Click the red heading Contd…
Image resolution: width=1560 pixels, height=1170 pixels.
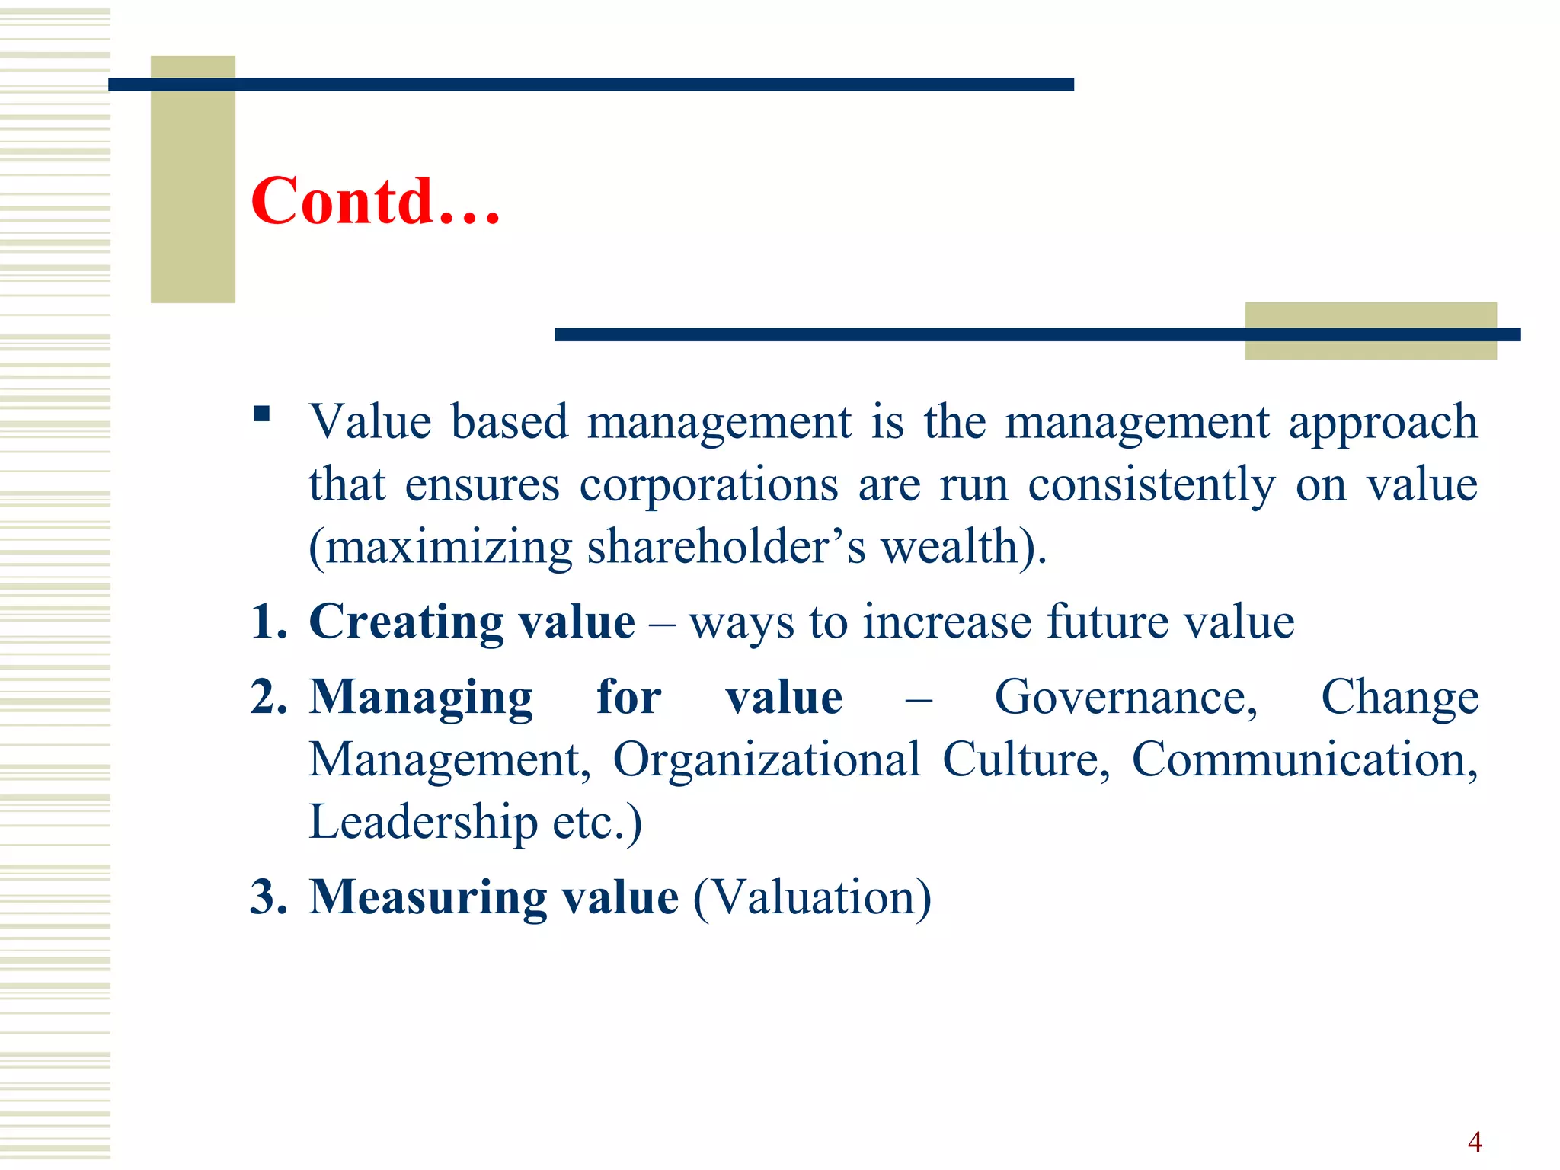point(376,201)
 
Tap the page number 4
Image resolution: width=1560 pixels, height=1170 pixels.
point(1475,1142)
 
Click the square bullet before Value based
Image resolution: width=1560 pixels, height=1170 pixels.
point(262,414)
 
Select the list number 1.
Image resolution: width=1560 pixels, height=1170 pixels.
point(268,622)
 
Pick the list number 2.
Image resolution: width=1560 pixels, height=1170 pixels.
point(268,697)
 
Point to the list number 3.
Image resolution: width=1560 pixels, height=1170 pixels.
point(268,897)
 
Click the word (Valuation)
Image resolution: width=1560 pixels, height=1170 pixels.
point(812,898)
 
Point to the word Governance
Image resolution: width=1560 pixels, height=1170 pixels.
point(1125,698)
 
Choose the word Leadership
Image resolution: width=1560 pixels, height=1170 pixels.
point(423,823)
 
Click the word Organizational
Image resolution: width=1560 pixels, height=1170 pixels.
point(767,760)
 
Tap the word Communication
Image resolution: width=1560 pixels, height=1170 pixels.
point(1304,760)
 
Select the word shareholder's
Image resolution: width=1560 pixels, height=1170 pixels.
point(726,547)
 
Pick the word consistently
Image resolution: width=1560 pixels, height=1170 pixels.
point(1151,485)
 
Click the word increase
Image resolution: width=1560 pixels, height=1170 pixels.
point(947,622)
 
